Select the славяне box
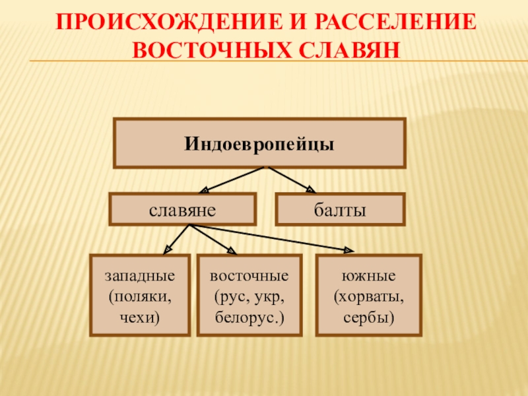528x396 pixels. [x=182, y=210]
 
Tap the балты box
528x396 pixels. [x=339, y=210]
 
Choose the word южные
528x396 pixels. [x=369, y=275]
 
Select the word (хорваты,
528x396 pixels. [x=369, y=295]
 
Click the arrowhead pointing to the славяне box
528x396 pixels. [x=205, y=190]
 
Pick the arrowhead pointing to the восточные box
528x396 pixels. [x=232, y=251]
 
